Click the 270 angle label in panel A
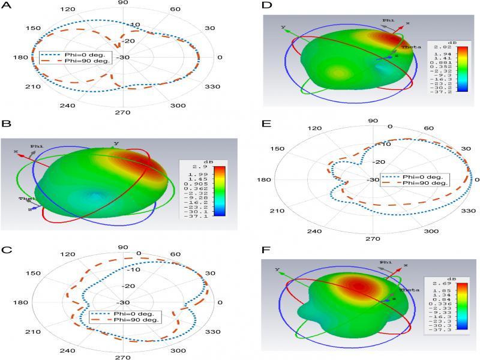122,112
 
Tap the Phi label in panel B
37,145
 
